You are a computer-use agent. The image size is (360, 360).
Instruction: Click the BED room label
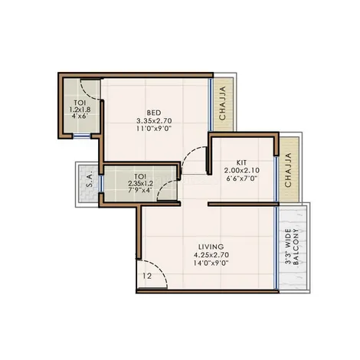point(154,113)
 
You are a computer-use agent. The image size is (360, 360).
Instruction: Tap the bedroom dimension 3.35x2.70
point(154,120)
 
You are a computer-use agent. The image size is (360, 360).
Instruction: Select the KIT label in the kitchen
point(241,162)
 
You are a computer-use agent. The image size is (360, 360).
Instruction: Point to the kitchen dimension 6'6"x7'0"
point(241,178)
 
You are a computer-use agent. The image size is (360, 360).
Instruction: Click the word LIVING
point(211,247)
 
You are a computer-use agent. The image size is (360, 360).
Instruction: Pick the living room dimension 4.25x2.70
point(211,255)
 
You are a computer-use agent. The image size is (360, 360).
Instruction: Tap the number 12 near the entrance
point(147,276)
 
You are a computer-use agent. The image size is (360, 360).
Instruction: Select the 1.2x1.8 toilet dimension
point(80,110)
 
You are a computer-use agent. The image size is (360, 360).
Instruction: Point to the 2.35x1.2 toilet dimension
point(140,183)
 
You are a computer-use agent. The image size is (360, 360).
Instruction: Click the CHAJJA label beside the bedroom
point(223,103)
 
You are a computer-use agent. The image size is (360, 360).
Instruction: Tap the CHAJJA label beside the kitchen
point(288,170)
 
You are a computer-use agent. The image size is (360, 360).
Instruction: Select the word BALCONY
point(296,247)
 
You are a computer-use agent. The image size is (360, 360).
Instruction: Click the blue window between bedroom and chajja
point(211,105)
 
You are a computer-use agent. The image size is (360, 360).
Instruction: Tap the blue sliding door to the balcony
point(276,247)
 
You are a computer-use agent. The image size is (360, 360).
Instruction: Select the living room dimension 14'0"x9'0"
point(211,263)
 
